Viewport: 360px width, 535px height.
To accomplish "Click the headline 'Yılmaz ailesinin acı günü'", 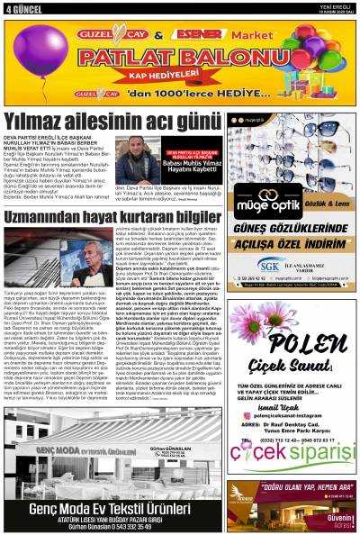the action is coord(112,121).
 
